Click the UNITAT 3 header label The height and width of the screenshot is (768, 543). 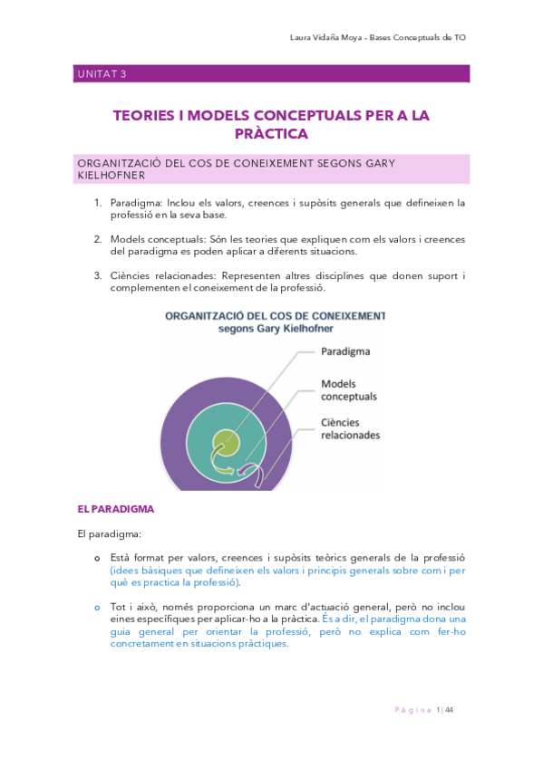click(101, 74)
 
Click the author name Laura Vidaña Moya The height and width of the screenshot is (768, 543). click(325, 38)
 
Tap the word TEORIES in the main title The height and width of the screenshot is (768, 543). click(149, 116)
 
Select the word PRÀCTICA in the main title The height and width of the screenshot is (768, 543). click(271, 134)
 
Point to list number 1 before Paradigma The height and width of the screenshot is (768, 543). click(98, 203)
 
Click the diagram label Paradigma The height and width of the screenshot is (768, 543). click(345, 350)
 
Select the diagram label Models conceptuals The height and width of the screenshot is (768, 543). click(349, 390)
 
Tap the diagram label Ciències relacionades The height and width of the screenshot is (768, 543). click(351, 428)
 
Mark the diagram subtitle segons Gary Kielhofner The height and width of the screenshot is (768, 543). click(273, 329)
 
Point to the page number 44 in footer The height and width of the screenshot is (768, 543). click(449, 709)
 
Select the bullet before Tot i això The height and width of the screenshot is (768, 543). click(98, 606)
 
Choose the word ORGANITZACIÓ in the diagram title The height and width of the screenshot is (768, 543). click(208, 316)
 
